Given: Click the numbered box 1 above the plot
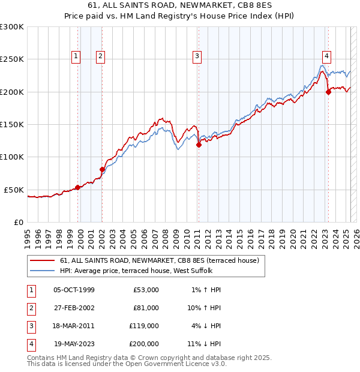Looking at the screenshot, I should [x=77, y=56].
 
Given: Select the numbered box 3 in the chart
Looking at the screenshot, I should [x=197, y=56].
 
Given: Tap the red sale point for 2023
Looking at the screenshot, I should [x=328, y=92].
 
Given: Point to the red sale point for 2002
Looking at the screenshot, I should [x=102, y=169].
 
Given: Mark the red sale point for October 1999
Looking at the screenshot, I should [x=77, y=187].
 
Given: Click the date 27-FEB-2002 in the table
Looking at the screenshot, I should [x=74, y=307].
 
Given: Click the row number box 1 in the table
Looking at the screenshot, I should [x=29, y=290].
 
